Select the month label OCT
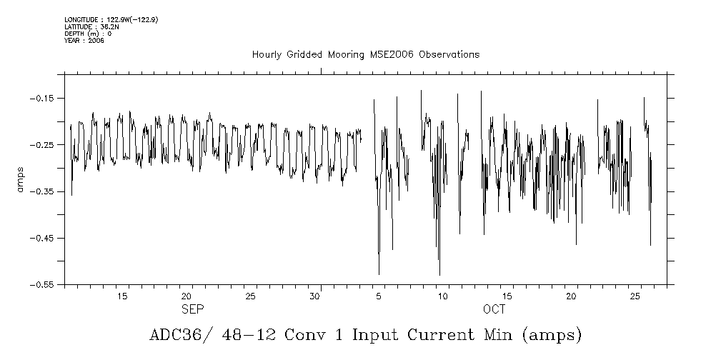(x=494, y=309)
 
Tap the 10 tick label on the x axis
(x=442, y=296)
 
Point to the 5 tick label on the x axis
(x=379, y=296)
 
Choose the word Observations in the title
(x=449, y=55)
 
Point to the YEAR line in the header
(x=84, y=41)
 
